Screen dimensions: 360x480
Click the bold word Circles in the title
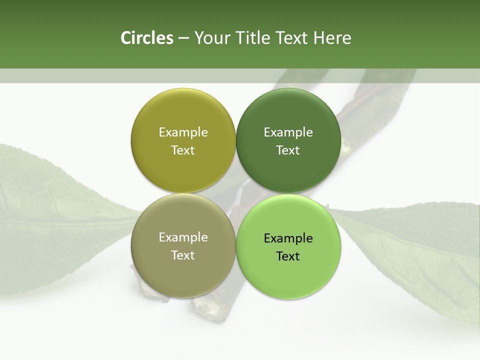(x=146, y=38)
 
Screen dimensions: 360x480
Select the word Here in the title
(x=332, y=38)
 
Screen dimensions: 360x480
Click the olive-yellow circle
(x=183, y=120)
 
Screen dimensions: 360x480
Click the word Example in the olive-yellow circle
(x=183, y=132)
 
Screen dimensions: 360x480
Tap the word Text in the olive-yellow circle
(x=183, y=150)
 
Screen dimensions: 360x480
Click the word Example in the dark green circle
(x=288, y=132)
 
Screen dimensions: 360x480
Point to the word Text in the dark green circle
(x=288, y=150)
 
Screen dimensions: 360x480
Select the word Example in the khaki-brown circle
(x=183, y=237)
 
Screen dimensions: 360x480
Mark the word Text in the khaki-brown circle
(x=183, y=255)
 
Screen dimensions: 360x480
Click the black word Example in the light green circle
(x=288, y=238)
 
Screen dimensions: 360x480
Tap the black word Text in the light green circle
(x=288, y=256)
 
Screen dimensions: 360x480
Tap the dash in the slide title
(x=183, y=38)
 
